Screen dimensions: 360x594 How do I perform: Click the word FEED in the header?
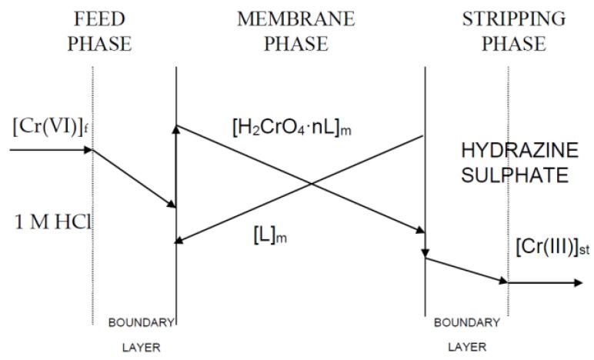pos(98,18)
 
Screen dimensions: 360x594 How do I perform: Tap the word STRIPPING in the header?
pos(512,18)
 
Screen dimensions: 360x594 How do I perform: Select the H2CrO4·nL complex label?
pos(292,128)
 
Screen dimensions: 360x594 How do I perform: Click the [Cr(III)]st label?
pos(551,247)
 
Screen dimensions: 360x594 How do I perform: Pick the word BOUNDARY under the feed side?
pos(142,322)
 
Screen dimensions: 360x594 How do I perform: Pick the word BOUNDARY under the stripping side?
pos(466,322)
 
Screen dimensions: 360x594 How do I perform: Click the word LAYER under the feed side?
pos(142,347)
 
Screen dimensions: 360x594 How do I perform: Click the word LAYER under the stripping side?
pos(466,347)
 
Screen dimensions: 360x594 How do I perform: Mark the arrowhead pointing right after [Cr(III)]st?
pos(578,282)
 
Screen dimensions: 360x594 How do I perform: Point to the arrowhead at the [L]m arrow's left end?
pos(181,242)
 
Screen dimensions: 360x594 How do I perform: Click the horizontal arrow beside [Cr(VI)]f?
pos(50,149)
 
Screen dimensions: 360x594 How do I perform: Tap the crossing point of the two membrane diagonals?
pos(311,183)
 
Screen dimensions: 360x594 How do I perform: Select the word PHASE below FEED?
pos(98,43)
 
